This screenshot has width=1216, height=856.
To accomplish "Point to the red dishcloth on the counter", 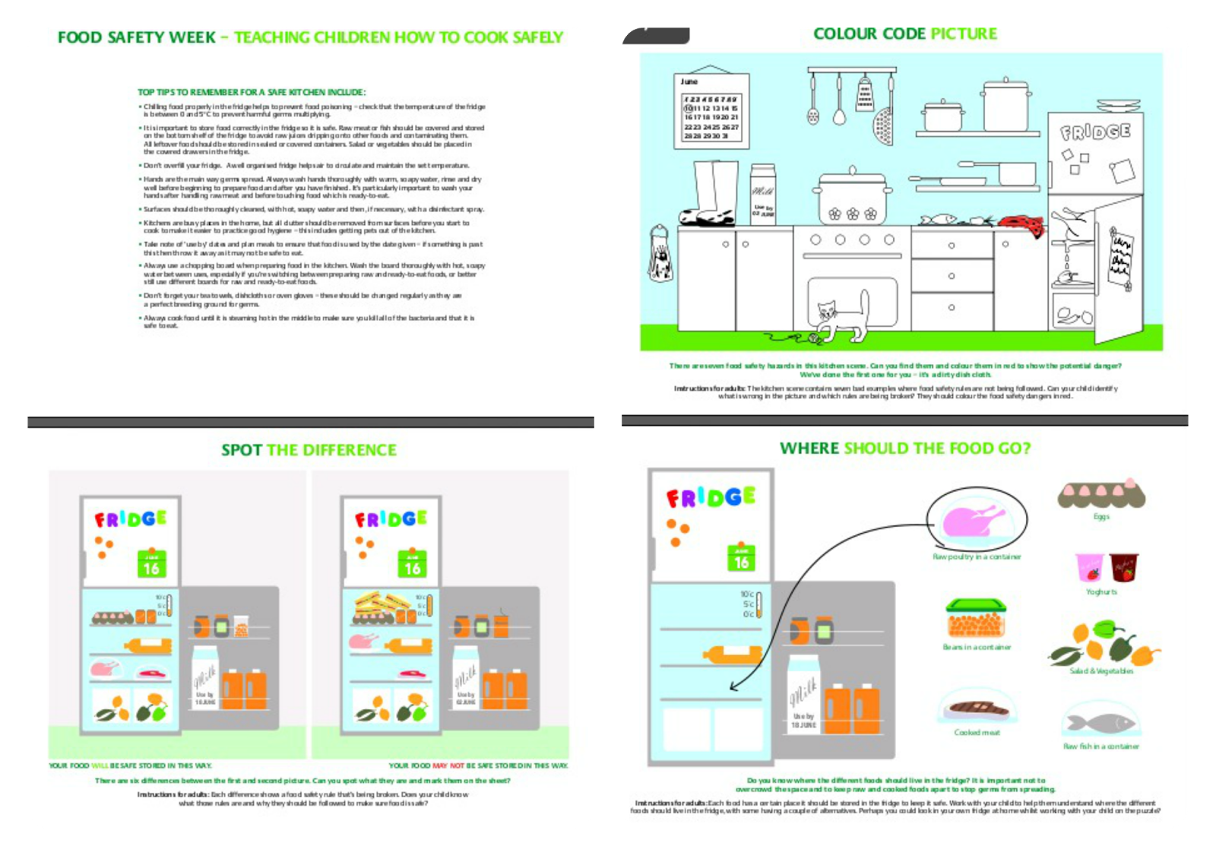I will click(1022, 223).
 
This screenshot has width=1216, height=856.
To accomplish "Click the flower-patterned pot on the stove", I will click(853, 198).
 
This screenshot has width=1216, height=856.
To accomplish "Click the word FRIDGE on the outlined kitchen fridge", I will click(1095, 132).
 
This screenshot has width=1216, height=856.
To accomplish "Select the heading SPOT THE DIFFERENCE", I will click(309, 450).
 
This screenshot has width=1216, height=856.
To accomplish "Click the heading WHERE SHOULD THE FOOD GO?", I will click(904, 449).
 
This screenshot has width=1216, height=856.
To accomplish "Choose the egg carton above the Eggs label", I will click(1101, 495).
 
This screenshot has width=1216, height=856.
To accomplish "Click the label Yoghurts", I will click(1101, 591).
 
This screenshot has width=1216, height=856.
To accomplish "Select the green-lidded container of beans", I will click(977, 619).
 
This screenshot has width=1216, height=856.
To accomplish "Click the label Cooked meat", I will click(977, 733).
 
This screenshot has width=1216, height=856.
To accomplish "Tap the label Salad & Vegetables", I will click(1101, 671).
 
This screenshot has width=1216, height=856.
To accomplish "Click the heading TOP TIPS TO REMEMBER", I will click(252, 92).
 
